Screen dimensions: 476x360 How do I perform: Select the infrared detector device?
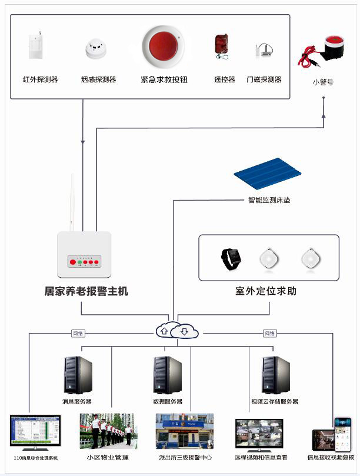coord(36,46)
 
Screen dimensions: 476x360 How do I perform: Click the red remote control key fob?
coord(221,45)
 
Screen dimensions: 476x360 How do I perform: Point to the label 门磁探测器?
coord(264,79)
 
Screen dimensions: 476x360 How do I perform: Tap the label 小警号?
coord(323,82)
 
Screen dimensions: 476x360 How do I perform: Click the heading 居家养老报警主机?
coord(86,291)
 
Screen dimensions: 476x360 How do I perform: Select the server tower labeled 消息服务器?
coord(78,375)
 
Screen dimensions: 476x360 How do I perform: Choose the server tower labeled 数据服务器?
coord(168,375)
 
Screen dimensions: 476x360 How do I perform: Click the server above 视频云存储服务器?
coord(275,375)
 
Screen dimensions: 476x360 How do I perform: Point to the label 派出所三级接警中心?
coord(185,457)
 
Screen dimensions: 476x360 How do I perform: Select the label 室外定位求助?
coord(269,291)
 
